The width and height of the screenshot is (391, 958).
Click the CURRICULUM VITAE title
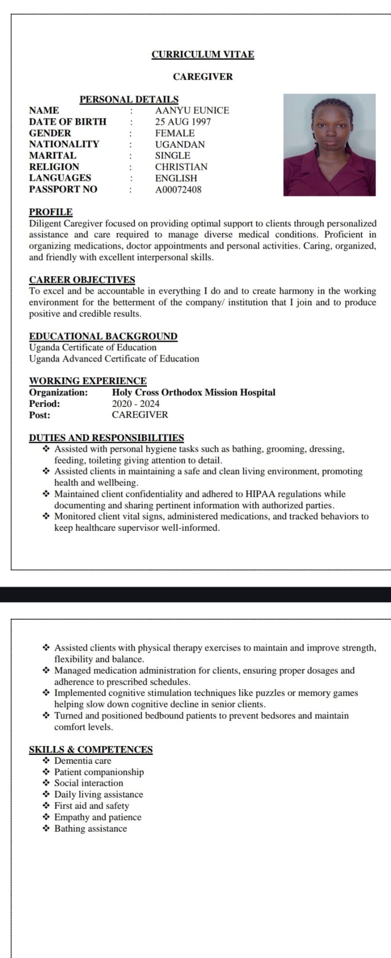(x=203, y=54)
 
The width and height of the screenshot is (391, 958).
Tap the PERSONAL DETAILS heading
(x=129, y=99)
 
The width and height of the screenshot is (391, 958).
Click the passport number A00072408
(x=178, y=189)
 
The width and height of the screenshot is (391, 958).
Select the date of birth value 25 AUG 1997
(x=183, y=122)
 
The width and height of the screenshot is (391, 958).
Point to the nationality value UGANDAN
(x=180, y=144)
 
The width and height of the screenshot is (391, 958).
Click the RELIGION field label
(x=54, y=167)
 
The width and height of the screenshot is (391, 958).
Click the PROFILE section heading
(x=51, y=212)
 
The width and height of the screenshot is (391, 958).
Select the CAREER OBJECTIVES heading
(x=82, y=280)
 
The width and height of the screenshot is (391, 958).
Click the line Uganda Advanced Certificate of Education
(x=114, y=359)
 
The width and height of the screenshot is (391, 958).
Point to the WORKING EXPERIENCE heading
(x=88, y=381)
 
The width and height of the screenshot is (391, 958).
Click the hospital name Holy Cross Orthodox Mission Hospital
(x=193, y=392)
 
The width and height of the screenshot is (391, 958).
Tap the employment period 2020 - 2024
(x=136, y=404)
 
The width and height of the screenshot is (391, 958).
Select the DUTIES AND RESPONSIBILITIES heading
(x=106, y=438)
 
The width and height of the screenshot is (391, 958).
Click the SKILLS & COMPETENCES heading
(x=91, y=749)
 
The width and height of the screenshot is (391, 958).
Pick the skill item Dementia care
(x=83, y=761)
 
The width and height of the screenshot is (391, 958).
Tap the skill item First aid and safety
(x=92, y=806)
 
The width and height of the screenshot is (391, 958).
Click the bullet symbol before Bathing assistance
(x=46, y=828)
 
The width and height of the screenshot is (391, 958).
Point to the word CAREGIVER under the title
(x=203, y=77)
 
